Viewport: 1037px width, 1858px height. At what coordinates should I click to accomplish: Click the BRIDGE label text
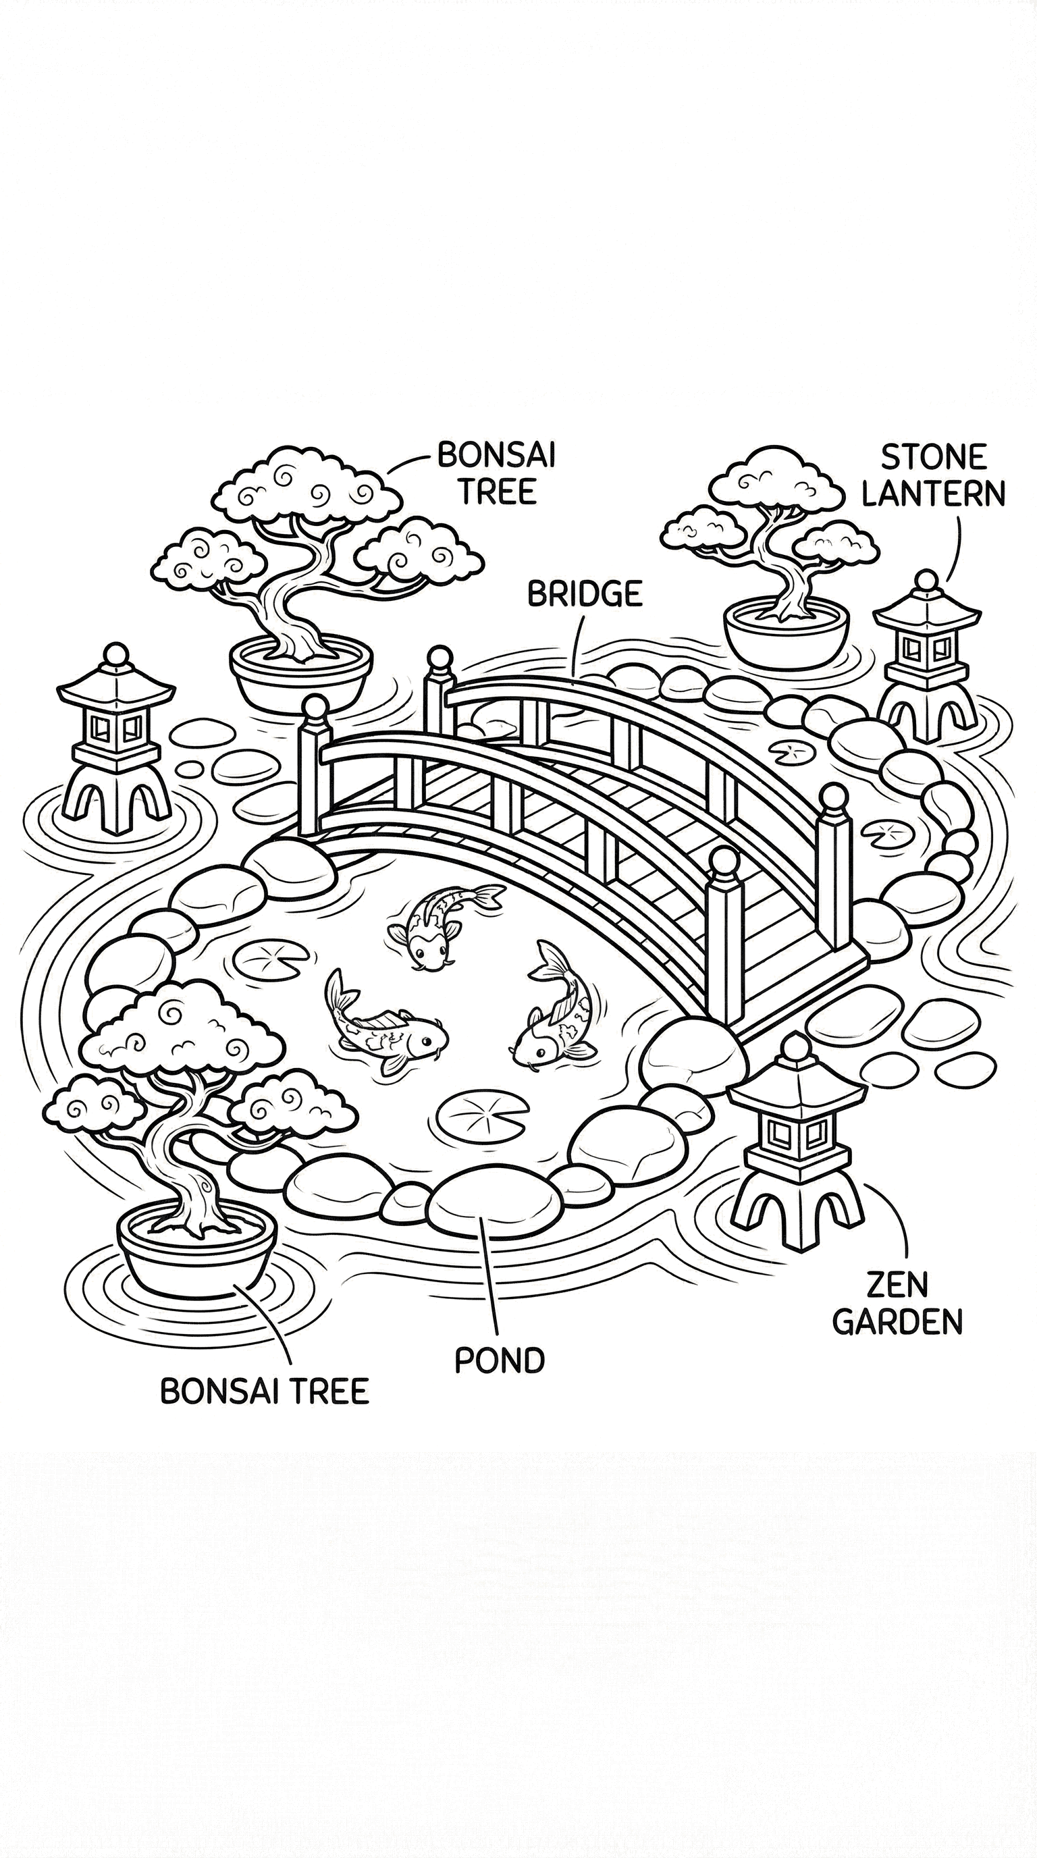click(584, 593)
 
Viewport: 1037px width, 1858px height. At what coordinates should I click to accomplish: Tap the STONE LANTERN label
click(933, 475)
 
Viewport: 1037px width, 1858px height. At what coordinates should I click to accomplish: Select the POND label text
click(499, 1360)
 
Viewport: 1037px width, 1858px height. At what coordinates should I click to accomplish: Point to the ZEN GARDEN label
click(898, 1303)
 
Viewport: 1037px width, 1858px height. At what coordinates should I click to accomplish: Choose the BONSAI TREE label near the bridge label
click(497, 474)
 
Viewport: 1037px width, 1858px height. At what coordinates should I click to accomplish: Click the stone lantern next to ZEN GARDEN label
click(797, 1147)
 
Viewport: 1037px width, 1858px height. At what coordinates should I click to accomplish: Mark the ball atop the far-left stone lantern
click(115, 655)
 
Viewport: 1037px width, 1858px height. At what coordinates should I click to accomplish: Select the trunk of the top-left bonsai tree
click(288, 613)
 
